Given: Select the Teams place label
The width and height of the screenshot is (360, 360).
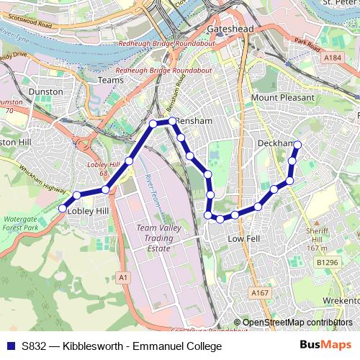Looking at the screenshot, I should [111, 80].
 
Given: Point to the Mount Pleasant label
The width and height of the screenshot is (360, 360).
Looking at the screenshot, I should [283, 97].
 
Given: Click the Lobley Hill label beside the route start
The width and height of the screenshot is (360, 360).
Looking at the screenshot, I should [87, 211].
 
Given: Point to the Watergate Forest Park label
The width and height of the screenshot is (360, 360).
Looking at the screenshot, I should [21, 222].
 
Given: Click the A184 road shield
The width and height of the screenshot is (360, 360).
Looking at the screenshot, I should [332, 58].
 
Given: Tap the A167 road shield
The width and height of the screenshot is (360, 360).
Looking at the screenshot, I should [260, 293].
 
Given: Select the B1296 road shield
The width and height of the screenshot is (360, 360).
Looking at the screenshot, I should [327, 264].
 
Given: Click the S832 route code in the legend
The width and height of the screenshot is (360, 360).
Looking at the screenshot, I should [35, 347].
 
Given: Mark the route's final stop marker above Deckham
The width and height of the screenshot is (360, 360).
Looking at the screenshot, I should [297, 146].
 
